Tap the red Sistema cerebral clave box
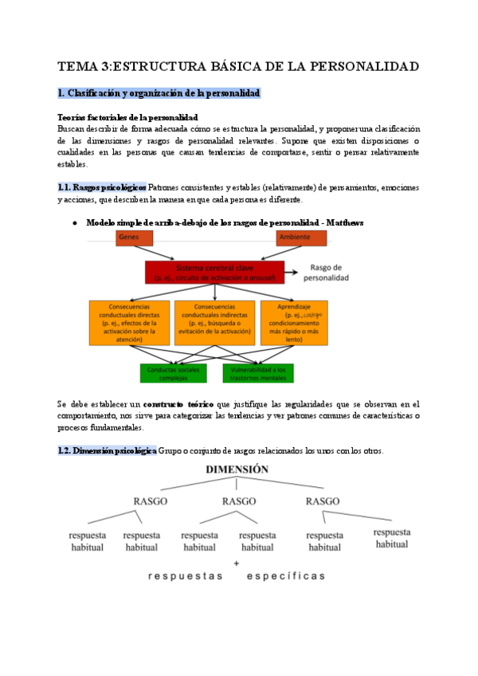tap(214, 272)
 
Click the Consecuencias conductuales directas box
tap(129, 321)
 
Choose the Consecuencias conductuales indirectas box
tap(214, 321)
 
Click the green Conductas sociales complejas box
tap(173, 373)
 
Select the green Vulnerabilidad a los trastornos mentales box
tap(257, 373)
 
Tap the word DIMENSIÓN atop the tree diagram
tap(237, 470)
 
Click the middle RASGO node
tap(238, 501)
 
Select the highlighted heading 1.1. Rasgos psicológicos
tap(102, 187)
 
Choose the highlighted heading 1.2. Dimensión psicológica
tap(108, 451)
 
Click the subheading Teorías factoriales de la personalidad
tap(127, 117)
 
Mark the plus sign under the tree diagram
tap(237, 563)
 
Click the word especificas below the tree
tap(286, 576)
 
